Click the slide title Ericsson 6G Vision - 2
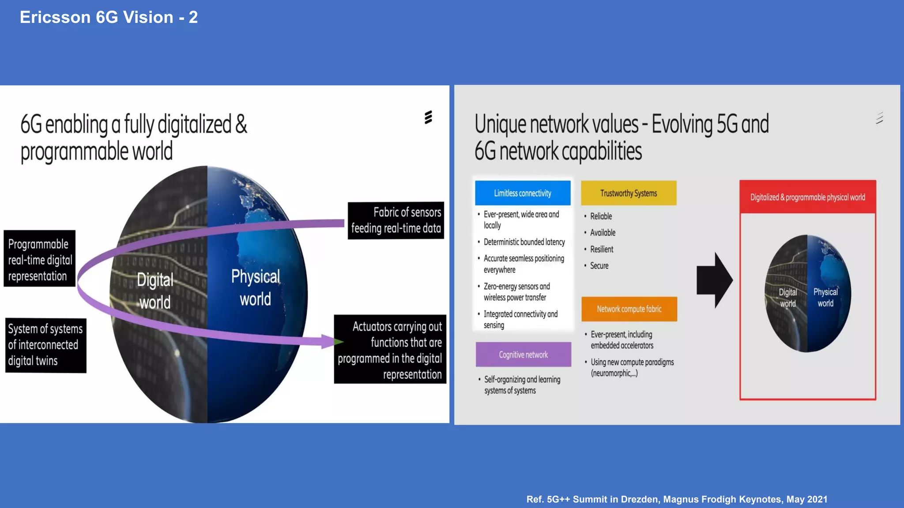(x=109, y=18)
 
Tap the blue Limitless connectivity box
(x=523, y=193)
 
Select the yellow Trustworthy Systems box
(x=629, y=193)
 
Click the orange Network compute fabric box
(x=629, y=309)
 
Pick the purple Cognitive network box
(x=523, y=355)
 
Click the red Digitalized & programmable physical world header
(x=807, y=197)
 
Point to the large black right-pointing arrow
(x=714, y=280)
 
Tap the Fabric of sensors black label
(x=396, y=220)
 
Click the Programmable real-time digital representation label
(x=40, y=259)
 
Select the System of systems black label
(x=45, y=345)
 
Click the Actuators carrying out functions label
(x=390, y=350)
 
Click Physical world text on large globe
(x=256, y=288)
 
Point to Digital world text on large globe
(x=154, y=291)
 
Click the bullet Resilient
(x=602, y=249)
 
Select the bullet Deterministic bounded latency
(x=524, y=242)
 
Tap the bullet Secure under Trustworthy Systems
(x=599, y=266)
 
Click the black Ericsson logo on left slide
(x=428, y=117)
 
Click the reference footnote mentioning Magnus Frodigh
(x=677, y=499)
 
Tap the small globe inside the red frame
(x=807, y=294)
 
